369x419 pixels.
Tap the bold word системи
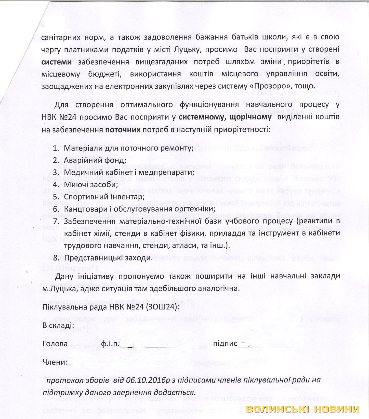click(57, 62)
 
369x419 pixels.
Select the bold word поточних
click(123, 130)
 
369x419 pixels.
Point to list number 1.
click(56, 148)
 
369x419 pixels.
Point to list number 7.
click(56, 221)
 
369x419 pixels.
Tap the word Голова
click(55, 344)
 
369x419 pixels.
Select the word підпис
click(225, 344)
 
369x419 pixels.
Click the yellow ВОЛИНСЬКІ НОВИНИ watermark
click(303, 409)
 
